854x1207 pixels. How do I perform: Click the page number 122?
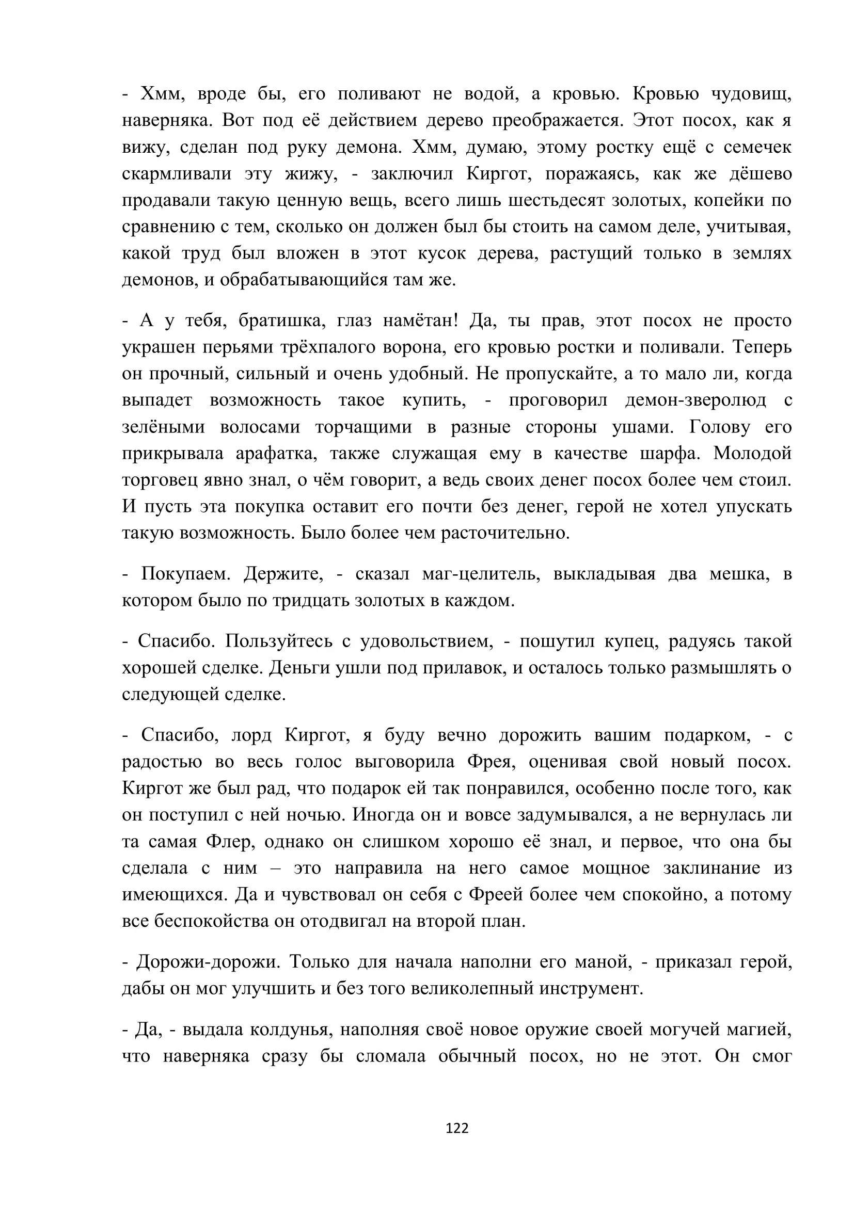click(x=456, y=1128)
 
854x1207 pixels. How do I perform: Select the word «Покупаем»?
click(x=186, y=573)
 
